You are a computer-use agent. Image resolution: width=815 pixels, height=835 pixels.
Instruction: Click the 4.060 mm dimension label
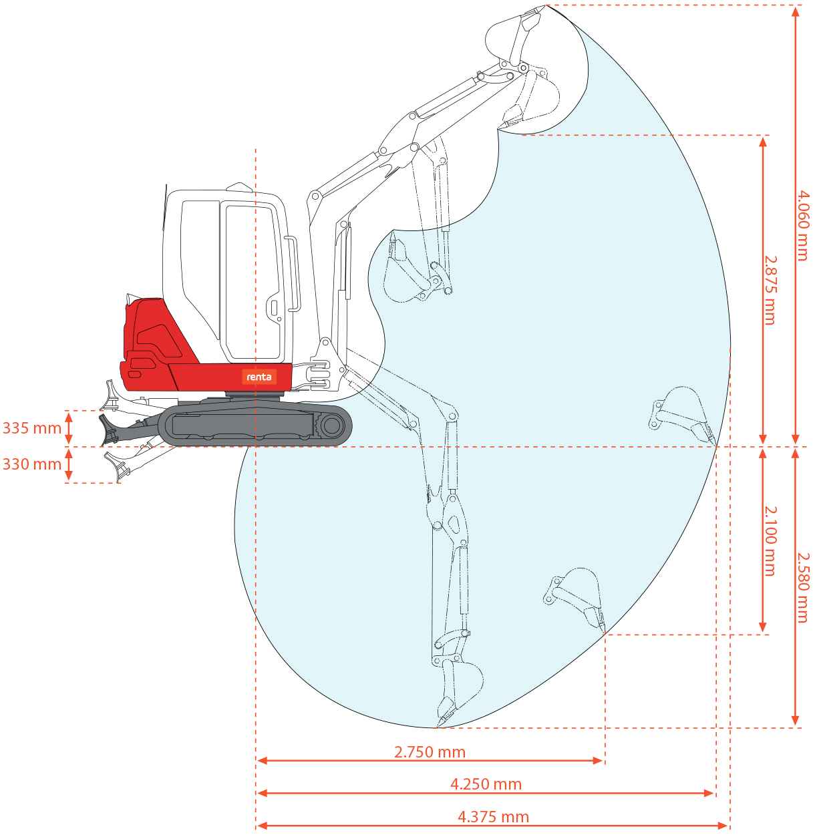(x=802, y=225)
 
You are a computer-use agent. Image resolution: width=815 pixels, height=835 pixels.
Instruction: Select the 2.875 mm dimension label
(x=770, y=291)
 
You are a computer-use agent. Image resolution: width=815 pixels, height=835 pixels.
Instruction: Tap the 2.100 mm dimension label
(x=770, y=541)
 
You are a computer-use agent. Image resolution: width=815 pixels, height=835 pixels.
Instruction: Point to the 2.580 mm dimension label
(x=802, y=587)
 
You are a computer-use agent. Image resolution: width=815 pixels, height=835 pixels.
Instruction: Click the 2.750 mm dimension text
(x=430, y=752)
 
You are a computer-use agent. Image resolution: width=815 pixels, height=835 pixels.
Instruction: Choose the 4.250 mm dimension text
(x=486, y=784)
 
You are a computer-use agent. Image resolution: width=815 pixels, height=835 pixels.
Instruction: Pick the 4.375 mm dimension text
(x=493, y=817)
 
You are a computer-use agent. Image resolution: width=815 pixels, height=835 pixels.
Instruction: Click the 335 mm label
(x=32, y=428)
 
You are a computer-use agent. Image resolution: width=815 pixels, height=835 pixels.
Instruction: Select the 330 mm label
(x=32, y=464)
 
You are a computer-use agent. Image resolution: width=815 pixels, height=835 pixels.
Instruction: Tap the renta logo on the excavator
(x=259, y=377)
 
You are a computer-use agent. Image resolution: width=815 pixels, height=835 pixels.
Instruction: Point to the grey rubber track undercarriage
(x=255, y=425)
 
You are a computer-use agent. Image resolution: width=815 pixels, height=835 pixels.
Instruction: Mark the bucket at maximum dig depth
(x=458, y=695)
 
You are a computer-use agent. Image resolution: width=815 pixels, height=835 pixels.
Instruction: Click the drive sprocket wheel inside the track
(x=331, y=426)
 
